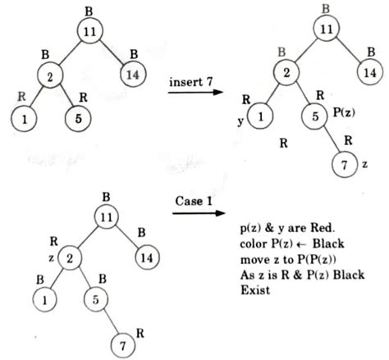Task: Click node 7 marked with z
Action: pos(340,164)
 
